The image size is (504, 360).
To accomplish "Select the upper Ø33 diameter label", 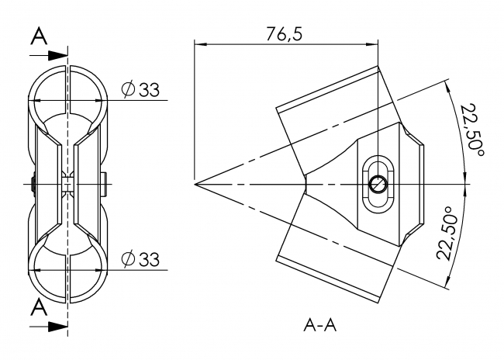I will [x=140, y=90].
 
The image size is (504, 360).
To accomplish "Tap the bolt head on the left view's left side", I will [x=32, y=184].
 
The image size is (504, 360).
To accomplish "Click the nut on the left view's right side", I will [x=104, y=184].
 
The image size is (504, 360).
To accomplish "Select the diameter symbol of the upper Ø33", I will [x=128, y=90].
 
